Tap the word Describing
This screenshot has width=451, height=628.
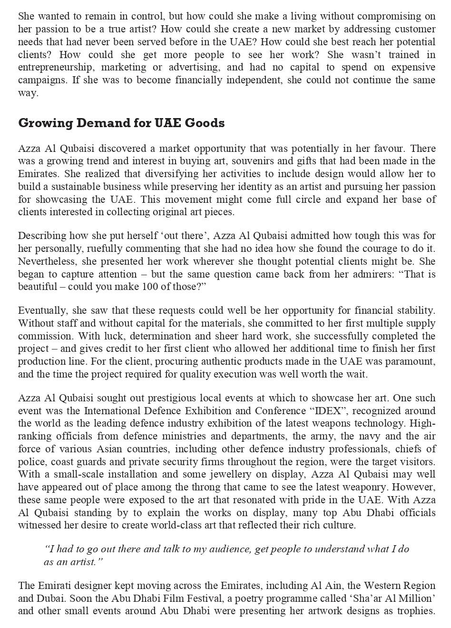(42, 236)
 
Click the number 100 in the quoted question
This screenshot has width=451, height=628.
(150, 287)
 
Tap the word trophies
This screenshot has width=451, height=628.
(417, 611)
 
